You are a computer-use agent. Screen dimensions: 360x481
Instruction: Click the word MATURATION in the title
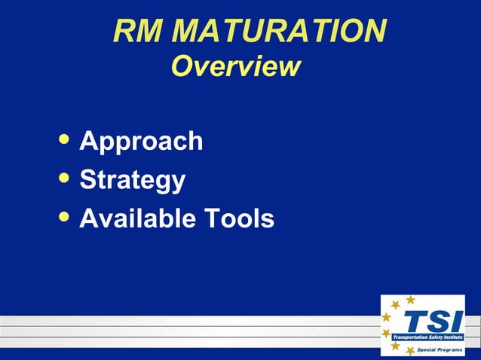(280, 31)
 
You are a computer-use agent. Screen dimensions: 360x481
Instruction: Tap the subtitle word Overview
(235, 66)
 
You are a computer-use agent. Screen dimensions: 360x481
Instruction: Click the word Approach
(141, 141)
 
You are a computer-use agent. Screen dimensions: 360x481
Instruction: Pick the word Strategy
(132, 180)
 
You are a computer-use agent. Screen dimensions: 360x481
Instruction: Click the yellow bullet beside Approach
(66, 139)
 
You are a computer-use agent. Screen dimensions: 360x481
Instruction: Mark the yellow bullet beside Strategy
(66, 178)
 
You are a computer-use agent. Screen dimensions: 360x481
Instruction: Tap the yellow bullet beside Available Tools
(66, 217)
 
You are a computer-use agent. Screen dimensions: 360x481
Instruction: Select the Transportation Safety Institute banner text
(427, 337)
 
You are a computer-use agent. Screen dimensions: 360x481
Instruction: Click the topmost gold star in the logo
(410, 300)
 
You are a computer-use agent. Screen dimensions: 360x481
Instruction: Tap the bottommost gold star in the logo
(410, 351)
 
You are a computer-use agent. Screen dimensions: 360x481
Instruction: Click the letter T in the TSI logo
(414, 322)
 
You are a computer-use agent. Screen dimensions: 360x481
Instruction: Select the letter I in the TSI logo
(455, 322)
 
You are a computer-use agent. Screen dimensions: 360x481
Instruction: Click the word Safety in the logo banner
(433, 337)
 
